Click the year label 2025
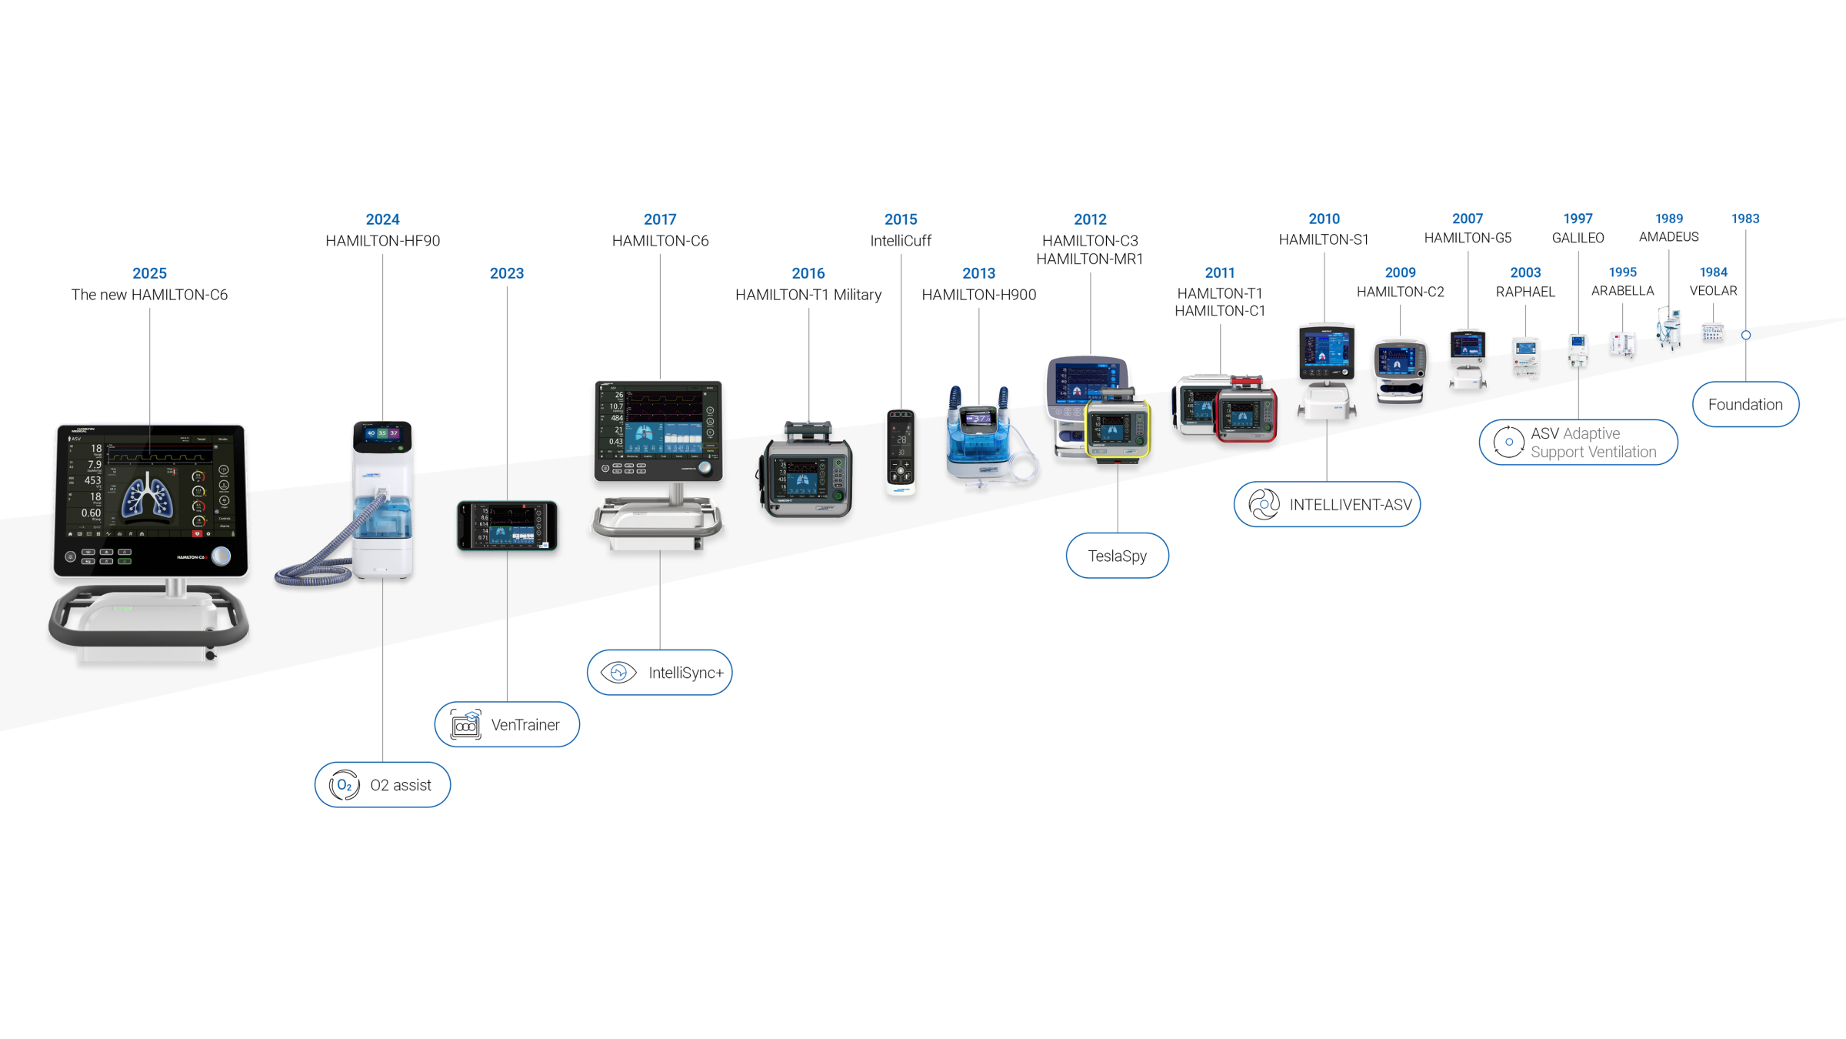149,273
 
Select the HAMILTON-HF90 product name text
382,241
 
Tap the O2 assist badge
382,785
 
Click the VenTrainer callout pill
507,724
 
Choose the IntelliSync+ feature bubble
659,673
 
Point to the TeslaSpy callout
1117,556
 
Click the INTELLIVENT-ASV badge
1327,505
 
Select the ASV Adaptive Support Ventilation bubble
1578,443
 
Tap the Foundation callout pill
1745,405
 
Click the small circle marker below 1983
1746,336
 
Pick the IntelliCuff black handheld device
901,450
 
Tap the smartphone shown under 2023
507,526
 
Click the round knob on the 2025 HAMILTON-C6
222,556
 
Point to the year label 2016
808,273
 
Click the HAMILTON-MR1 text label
1089,259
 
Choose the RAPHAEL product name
1524,292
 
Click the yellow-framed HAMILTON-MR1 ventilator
1118,428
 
